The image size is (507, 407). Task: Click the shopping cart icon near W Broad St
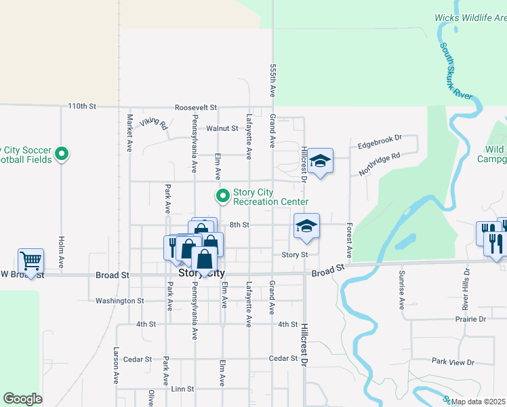click(31, 260)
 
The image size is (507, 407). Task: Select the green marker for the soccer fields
click(62, 154)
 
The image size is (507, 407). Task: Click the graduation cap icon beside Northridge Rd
click(320, 161)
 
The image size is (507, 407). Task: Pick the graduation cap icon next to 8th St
click(306, 226)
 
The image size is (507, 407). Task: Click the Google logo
click(22, 399)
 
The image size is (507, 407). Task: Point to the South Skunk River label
click(455, 71)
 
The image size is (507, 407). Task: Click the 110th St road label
click(83, 106)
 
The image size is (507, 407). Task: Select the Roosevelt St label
click(195, 107)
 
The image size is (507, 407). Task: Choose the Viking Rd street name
click(154, 123)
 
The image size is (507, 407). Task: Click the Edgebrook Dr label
click(379, 141)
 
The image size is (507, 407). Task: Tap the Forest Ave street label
click(350, 240)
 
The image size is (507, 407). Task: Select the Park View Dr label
click(453, 362)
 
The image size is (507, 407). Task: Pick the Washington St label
click(120, 301)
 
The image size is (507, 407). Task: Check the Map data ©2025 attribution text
click(478, 402)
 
